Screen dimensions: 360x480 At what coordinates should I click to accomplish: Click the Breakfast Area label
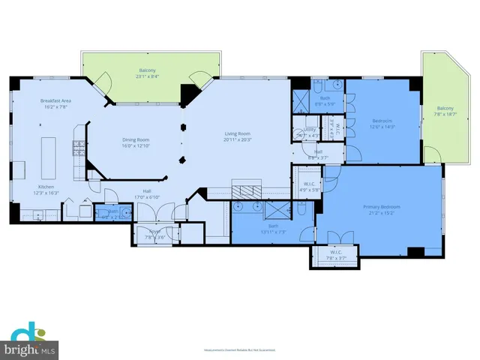[x=55, y=100]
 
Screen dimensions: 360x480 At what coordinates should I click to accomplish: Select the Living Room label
[x=237, y=134]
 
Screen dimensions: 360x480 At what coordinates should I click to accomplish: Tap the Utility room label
[x=309, y=130]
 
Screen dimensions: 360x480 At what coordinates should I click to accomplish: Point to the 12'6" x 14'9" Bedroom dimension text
[x=382, y=127]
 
